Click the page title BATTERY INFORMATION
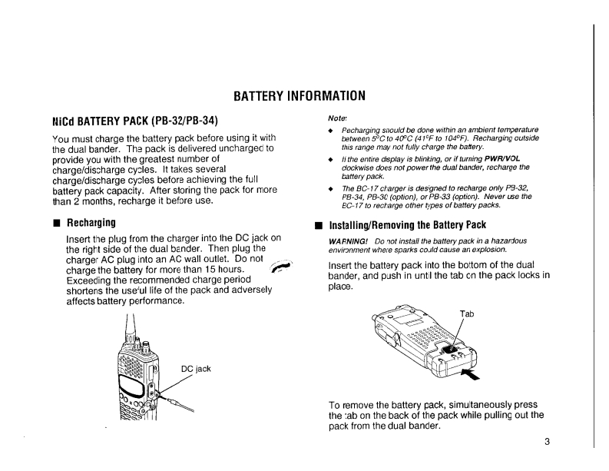click(x=299, y=97)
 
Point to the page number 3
click(x=548, y=441)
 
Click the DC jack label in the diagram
click(x=196, y=369)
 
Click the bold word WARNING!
click(x=339, y=240)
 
